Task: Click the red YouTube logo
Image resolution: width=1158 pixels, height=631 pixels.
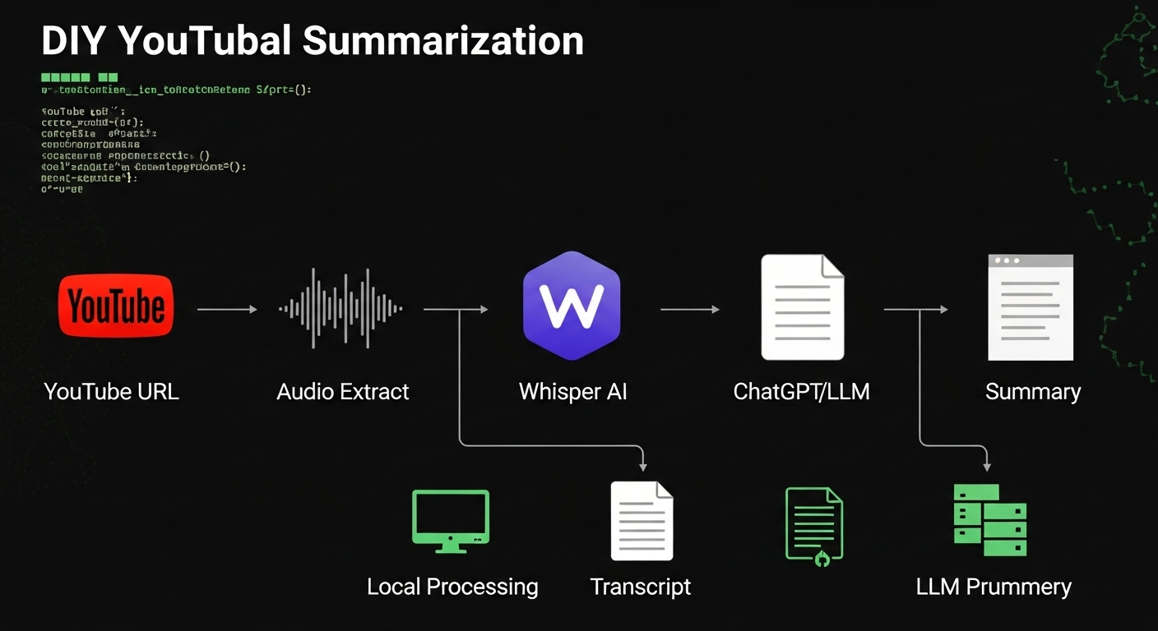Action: tap(116, 306)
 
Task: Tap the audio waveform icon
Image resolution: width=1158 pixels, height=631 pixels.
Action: tap(341, 309)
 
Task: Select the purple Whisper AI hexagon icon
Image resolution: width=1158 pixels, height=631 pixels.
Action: tap(572, 306)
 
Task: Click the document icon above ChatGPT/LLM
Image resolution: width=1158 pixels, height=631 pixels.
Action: tap(802, 307)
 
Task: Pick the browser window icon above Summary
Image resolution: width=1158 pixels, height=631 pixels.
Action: tap(1031, 307)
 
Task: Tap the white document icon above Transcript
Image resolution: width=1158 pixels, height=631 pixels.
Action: tap(642, 521)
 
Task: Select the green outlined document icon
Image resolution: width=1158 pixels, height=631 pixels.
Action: tap(813, 523)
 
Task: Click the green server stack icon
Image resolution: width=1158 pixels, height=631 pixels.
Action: tap(989, 520)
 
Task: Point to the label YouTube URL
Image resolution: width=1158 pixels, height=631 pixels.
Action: tap(111, 392)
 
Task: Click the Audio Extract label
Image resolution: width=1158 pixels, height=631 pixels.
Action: tap(343, 392)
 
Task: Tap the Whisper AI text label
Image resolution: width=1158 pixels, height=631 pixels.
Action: tap(572, 392)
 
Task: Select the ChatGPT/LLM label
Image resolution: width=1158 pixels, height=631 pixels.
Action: tap(801, 392)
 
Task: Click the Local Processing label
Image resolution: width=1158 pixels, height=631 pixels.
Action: tap(452, 587)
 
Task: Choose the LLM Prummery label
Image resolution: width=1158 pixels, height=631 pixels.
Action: tap(994, 587)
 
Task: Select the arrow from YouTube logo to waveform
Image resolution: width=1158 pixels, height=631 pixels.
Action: tap(227, 309)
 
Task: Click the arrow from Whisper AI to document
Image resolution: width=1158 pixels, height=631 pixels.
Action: tap(689, 309)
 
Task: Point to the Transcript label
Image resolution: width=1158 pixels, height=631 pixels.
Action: tap(641, 587)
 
